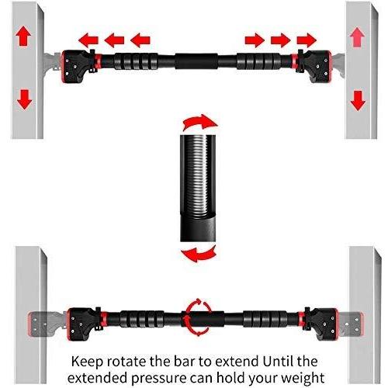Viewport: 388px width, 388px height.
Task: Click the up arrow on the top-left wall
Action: [x=23, y=36]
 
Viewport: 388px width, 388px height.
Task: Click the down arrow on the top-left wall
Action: [x=24, y=99]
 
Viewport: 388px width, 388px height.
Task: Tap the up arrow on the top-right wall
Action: [x=357, y=37]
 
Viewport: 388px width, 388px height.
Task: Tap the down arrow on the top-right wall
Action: [x=358, y=101]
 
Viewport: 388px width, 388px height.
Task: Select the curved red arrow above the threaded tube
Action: [x=199, y=122]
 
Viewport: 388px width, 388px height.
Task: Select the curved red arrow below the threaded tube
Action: [x=199, y=255]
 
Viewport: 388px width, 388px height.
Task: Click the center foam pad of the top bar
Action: [x=197, y=61]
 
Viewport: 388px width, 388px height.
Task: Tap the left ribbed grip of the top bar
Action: [x=136, y=61]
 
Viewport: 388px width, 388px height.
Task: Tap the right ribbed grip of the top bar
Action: [x=258, y=61]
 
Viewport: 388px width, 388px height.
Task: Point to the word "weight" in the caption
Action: [x=303, y=379]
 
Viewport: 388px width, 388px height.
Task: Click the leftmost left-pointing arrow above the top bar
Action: [x=88, y=40]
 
